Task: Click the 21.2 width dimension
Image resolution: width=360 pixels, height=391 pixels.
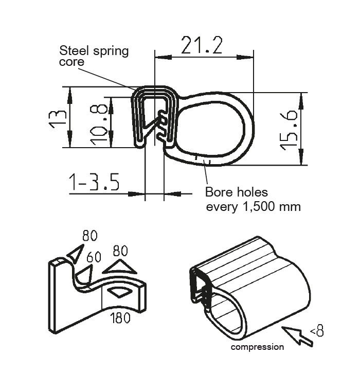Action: point(201,46)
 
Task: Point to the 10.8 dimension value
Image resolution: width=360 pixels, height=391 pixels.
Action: point(100,123)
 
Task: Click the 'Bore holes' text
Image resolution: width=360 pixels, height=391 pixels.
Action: point(237,192)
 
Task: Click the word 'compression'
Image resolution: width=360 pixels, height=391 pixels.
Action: point(257,347)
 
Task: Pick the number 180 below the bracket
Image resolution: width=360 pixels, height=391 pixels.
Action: point(120,317)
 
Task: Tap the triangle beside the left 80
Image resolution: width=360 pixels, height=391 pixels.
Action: point(75,253)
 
